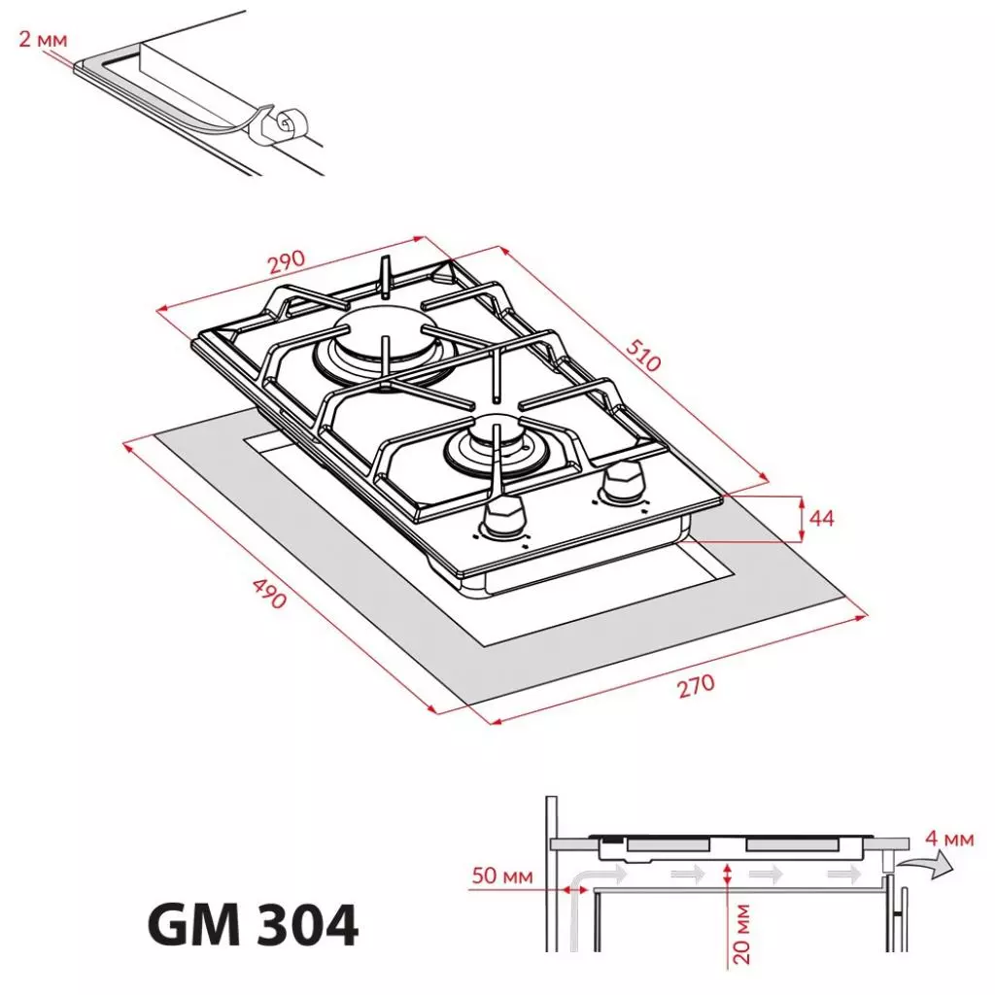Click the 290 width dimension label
287,262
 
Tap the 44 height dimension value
821,518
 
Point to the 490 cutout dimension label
269,593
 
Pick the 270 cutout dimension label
695,686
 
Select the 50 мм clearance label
502,876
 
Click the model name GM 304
253,926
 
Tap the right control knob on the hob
620,481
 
